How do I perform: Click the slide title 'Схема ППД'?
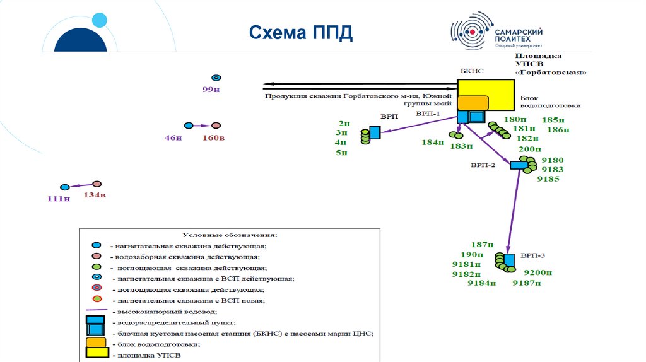tap(300, 33)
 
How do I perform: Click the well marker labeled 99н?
tap(216, 78)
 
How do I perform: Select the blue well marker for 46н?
tap(188, 126)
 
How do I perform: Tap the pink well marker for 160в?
tap(216, 126)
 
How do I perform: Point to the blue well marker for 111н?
tap(64, 187)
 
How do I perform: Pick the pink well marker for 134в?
tap(97, 184)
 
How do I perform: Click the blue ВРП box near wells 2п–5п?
tap(375, 132)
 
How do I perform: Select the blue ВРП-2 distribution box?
tap(519, 165)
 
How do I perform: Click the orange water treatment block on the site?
tap(473, 103)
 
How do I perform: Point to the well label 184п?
tap(433, 143)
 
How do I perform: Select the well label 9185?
tap(549, 178)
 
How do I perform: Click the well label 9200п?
tap(538, 272)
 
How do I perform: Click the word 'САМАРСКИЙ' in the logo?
tap(519, 32)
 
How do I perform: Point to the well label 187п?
tap(481, 245)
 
